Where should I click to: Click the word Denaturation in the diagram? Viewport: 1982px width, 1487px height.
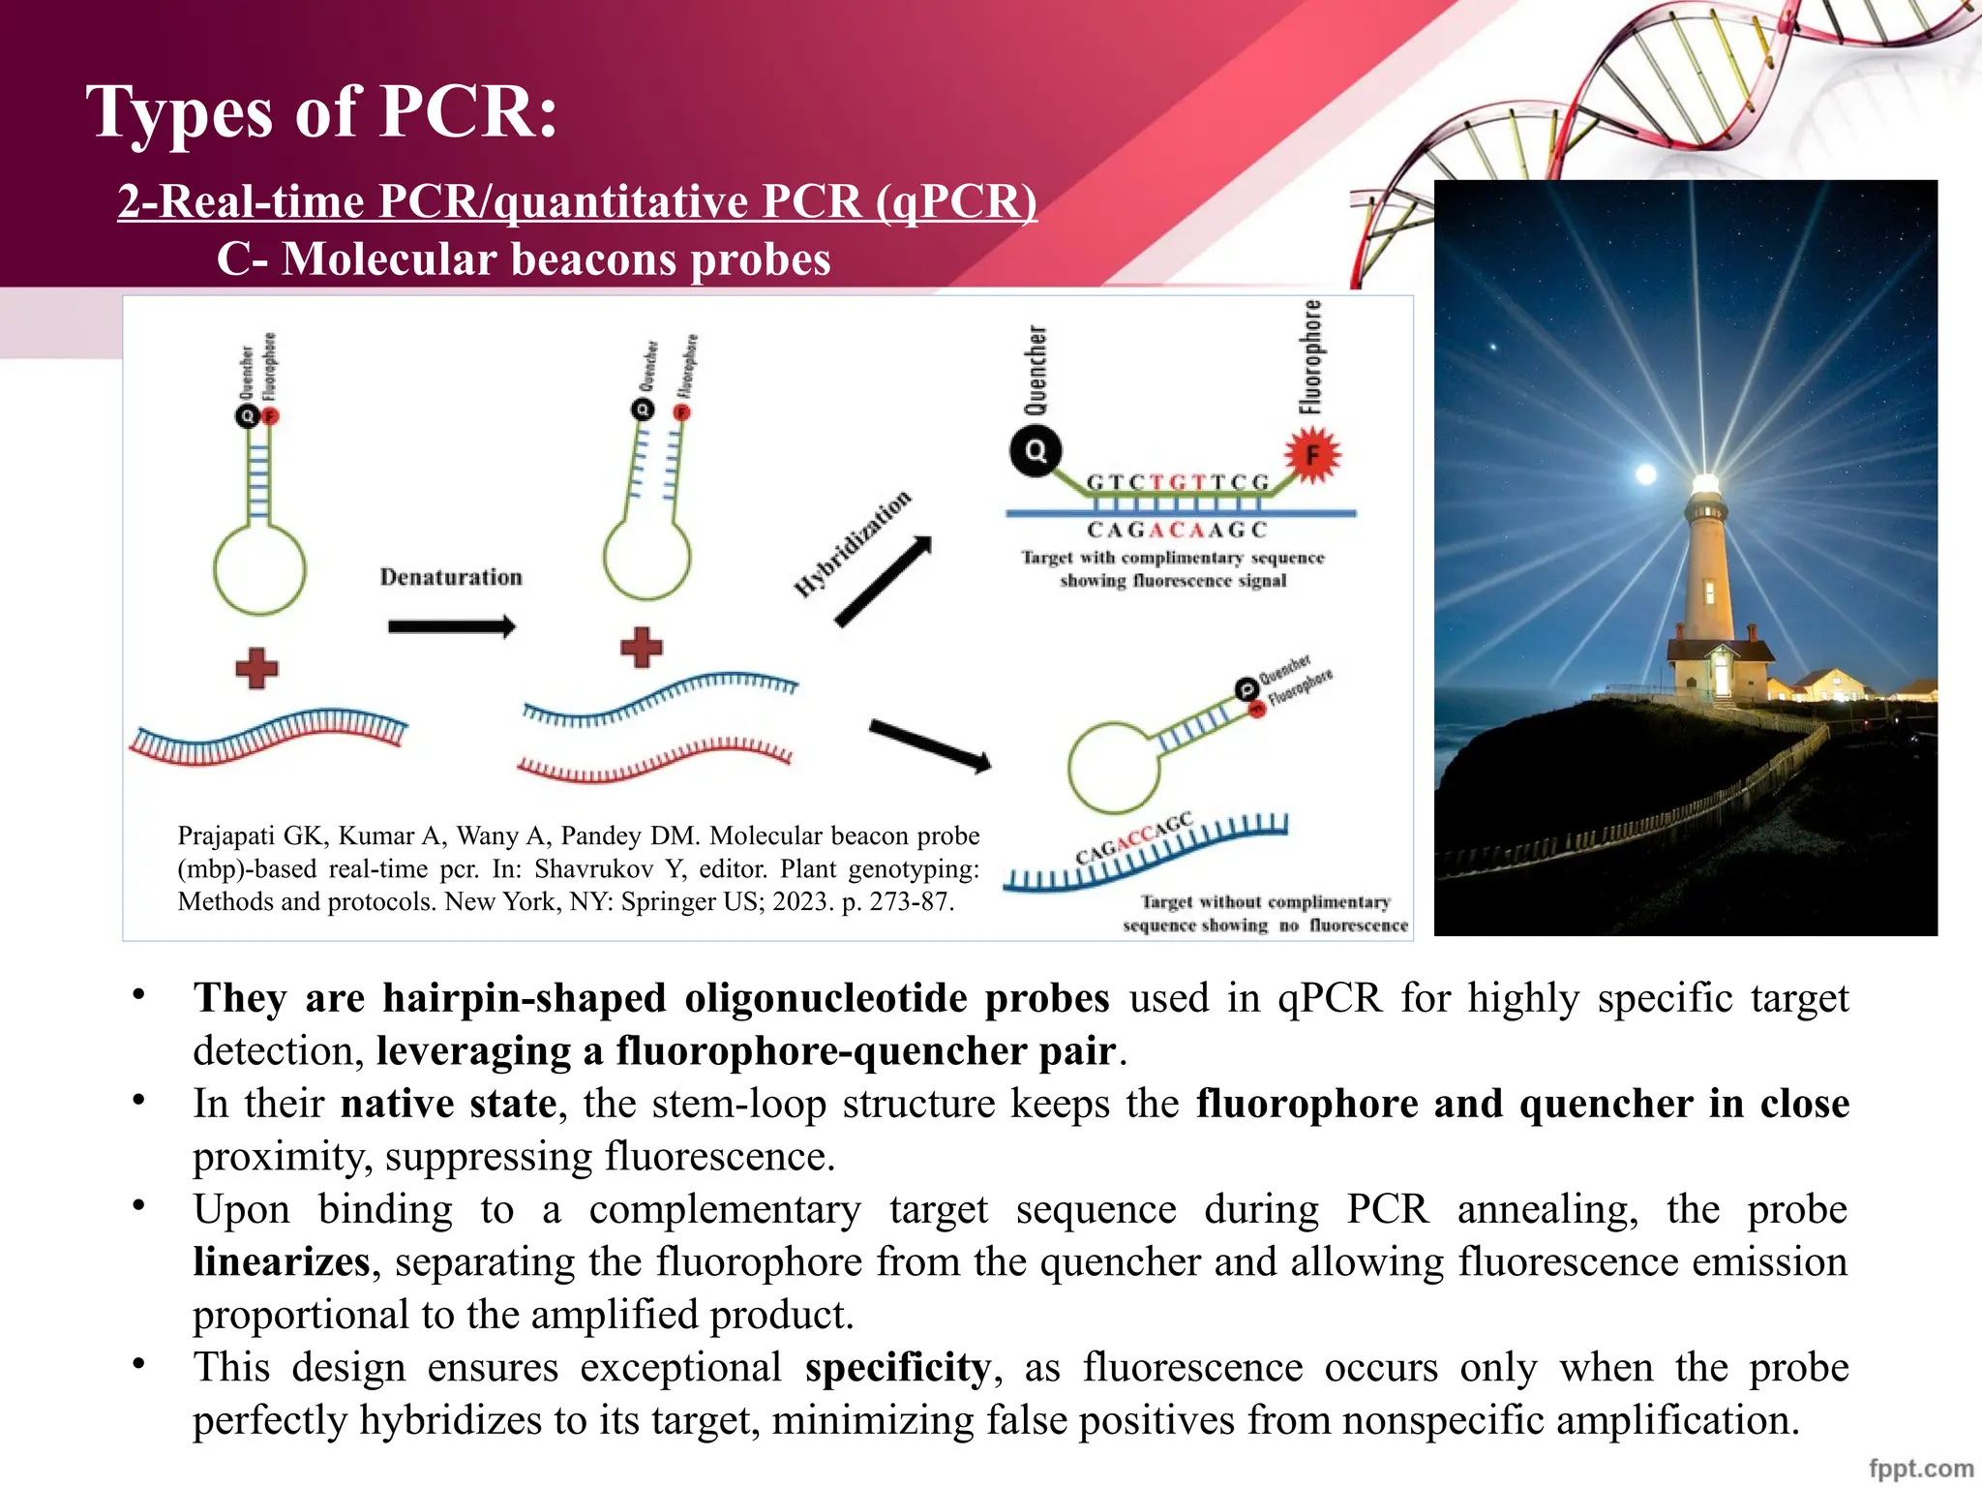[x=451, y=577]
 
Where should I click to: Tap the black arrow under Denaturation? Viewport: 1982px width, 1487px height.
[x=451, y=627]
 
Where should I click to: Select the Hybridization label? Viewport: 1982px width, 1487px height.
[x=853, y=543]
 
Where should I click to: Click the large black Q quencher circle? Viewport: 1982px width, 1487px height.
[x=1036, y=451]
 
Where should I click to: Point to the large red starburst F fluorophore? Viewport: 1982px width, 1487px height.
[x=1312, y=455]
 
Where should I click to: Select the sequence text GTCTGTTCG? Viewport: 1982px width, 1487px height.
[x=1178, y=482]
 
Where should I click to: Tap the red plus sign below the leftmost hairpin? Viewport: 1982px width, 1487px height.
[x=256, y=668]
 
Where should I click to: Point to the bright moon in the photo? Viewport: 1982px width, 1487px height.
[x=1645, y=473]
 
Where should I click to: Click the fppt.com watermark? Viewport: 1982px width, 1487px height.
[x=1921, y=1468]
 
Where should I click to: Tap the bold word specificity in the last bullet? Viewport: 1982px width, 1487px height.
[x=897, y=1367]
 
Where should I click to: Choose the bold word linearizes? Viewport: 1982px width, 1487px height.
[x=281, y=1261]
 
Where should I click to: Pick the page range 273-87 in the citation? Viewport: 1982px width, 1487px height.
[x=910, y=901]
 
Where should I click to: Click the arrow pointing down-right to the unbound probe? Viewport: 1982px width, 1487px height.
[x=930, y=746]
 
